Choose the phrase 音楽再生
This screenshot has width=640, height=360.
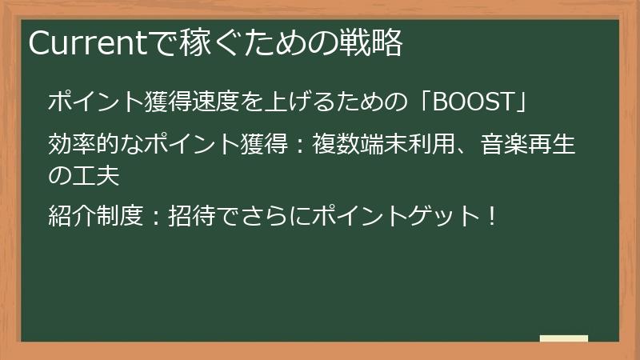point(529,146)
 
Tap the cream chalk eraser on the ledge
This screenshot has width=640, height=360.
point(564,338)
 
